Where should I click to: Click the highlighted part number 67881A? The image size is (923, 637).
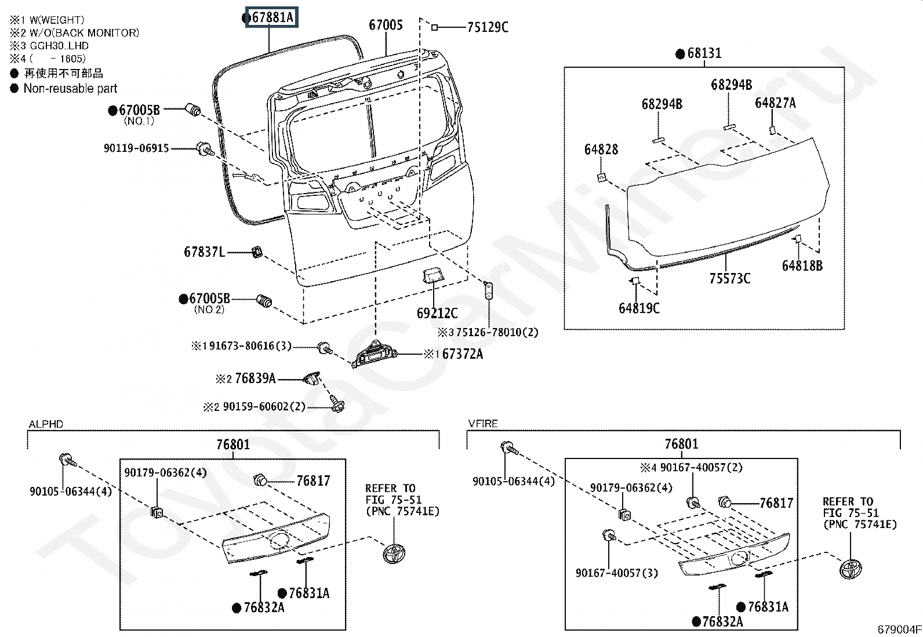coord(272,17)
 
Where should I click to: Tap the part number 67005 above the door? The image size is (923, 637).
coord(386,25)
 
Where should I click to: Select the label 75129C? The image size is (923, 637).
coord(488,27)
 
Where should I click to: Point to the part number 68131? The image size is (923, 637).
coord(704,53)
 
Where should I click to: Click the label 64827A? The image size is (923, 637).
coord(775,103)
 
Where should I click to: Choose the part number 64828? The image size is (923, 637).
coord(601,149)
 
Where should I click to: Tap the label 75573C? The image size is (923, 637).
coord(730,279)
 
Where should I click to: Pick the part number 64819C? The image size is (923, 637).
coord(639,308)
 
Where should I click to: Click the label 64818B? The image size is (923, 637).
coord(802,266)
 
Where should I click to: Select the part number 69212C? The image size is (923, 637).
coord(437,313)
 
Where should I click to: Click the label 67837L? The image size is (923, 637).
coord(205,252)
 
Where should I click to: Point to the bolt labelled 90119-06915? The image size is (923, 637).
coord(205,149)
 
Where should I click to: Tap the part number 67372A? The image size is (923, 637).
coord(462,354)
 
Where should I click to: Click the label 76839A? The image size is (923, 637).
coord(255,378)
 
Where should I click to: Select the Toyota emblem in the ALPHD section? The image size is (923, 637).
coord(394,554)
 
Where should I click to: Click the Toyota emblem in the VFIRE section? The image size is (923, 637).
coord(851,569)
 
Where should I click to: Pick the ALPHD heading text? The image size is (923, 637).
coord(46,424)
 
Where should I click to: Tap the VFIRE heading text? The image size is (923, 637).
coord(483,424)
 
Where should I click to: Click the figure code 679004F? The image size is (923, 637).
coord(899,629)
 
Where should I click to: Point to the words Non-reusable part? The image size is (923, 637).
coord(71,88)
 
